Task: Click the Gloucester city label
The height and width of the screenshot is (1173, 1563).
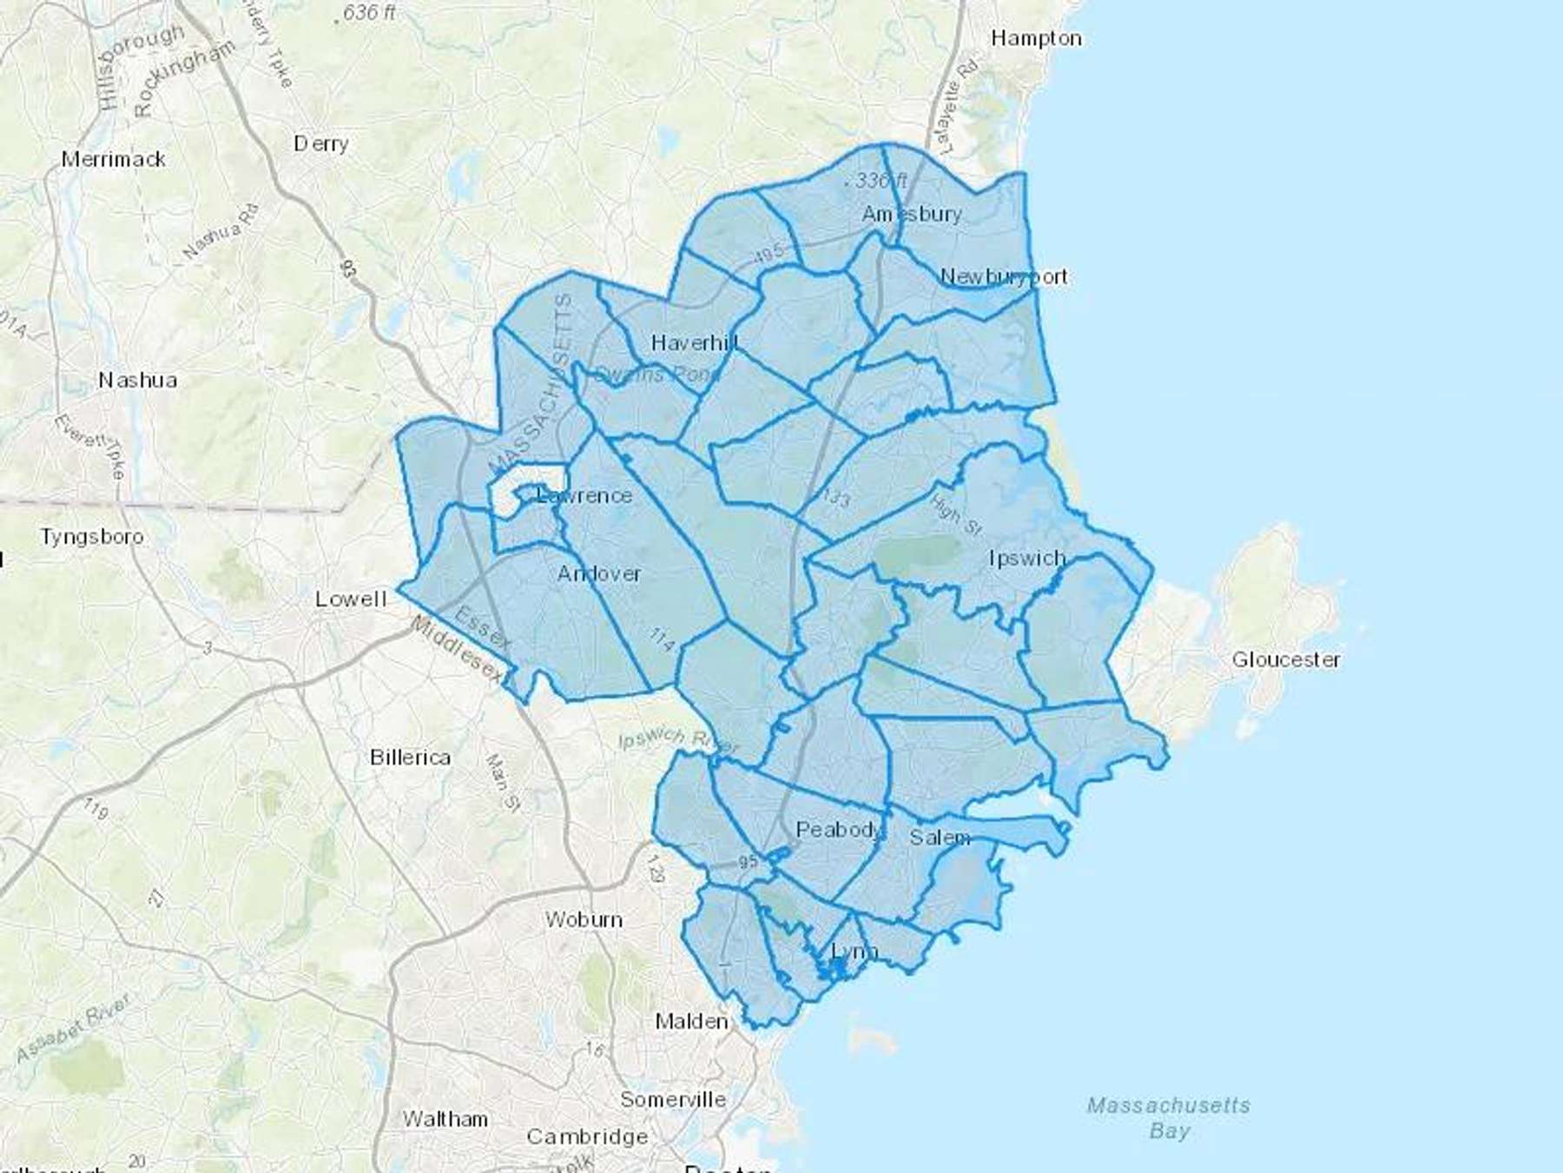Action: click(1285, 659)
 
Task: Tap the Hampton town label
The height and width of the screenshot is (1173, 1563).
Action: click(1036, 38)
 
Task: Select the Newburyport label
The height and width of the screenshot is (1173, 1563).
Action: click(1003, 276)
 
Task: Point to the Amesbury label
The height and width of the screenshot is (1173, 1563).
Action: click(911, 214)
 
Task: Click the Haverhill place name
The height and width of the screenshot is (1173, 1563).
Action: click(695, 343)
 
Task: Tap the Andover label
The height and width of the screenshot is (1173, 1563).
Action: click(599, 573)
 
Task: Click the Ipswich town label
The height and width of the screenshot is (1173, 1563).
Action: click(1026, 558)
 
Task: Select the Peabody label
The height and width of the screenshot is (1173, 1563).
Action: click(839, 830)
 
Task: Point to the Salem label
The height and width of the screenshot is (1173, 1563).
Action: click(940, 838)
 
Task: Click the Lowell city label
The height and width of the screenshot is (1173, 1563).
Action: click(351, 599)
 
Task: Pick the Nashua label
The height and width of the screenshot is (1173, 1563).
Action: click(138, 380)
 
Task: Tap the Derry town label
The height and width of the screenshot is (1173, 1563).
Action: click(320, 143)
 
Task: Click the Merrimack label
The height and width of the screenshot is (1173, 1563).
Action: click(113, 159)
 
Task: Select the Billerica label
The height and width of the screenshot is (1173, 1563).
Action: click(410, 757)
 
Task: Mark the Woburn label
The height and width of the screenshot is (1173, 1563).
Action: click(584, 919)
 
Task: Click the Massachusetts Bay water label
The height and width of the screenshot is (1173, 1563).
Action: click(1169, 1117)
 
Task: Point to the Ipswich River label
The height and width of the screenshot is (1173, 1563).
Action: click(678, 740)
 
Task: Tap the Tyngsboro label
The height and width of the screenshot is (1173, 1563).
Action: click(91, 536)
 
